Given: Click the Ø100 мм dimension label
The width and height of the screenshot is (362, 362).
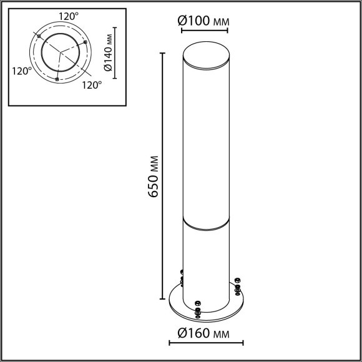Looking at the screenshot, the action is pyautogui.click(x=203, y=21).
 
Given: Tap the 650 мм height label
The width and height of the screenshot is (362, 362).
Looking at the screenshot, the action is pyautogui.click(x=153, y=177).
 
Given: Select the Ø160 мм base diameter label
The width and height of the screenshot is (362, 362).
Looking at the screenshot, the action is pyautogui.click(x=203, y=333).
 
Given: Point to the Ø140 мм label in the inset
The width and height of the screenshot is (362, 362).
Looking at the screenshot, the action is pyautogui.click(x=108, y=52).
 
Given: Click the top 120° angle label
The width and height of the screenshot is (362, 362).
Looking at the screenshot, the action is pyautogui.click(x=69, y=16).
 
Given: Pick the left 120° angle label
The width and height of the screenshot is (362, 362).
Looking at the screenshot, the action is pyautogui.click(x=22, y=71).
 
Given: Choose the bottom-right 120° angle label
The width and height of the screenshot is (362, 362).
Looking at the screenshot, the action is pyautogui.click(x=92, y=85).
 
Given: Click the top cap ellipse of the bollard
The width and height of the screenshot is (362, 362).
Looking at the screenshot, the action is pyautogui.click(x=206, y=55).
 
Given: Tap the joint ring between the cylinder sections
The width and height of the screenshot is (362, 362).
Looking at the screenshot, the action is pyautogui.click(x=206, y=223).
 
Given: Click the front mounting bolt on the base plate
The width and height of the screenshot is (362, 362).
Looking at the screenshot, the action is pyautogui.click(x=198, y=310).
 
